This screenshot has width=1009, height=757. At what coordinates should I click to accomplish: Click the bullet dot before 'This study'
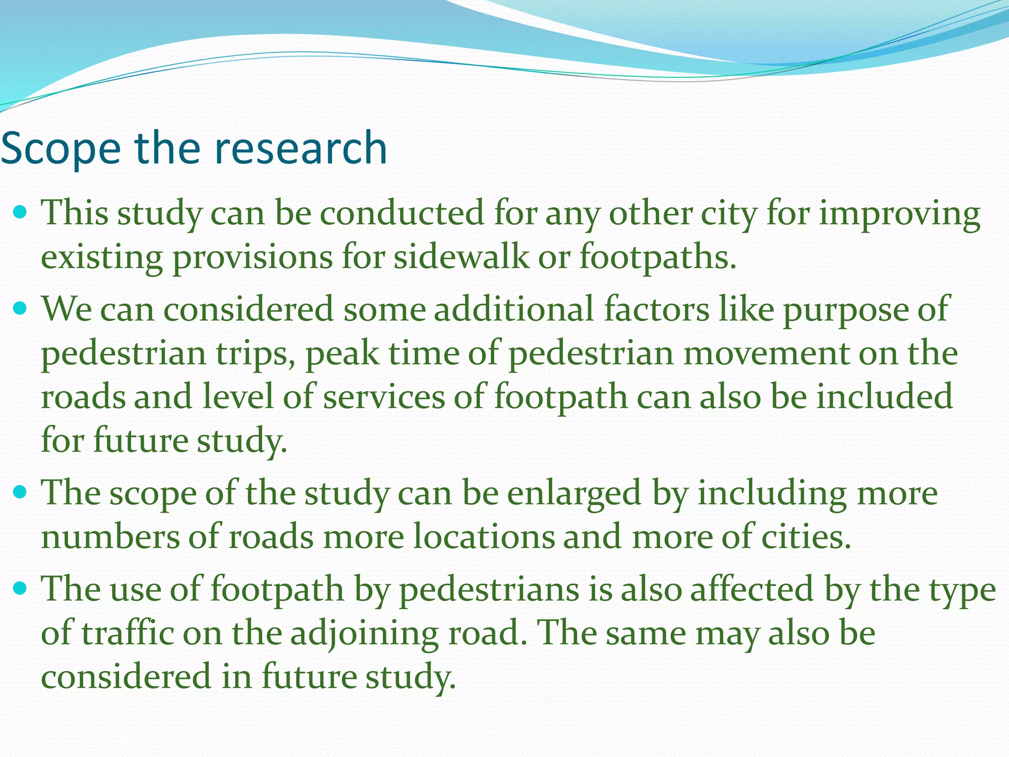tap(21, 212)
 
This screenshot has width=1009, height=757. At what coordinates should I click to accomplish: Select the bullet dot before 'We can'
tap(21, 309)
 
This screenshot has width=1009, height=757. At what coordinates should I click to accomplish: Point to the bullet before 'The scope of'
tap(21, 492)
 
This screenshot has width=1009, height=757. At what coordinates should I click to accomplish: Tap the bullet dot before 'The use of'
tap(21, 588)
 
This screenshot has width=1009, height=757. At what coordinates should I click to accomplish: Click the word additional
tap(514, 309)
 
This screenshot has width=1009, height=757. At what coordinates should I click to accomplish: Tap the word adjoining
tap(364, 634)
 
